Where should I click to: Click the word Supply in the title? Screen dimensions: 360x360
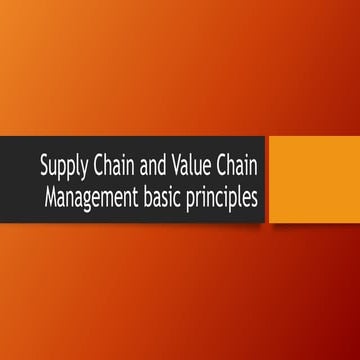(x=62, y=163)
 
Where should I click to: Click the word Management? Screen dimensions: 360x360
(x=93, y=192)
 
